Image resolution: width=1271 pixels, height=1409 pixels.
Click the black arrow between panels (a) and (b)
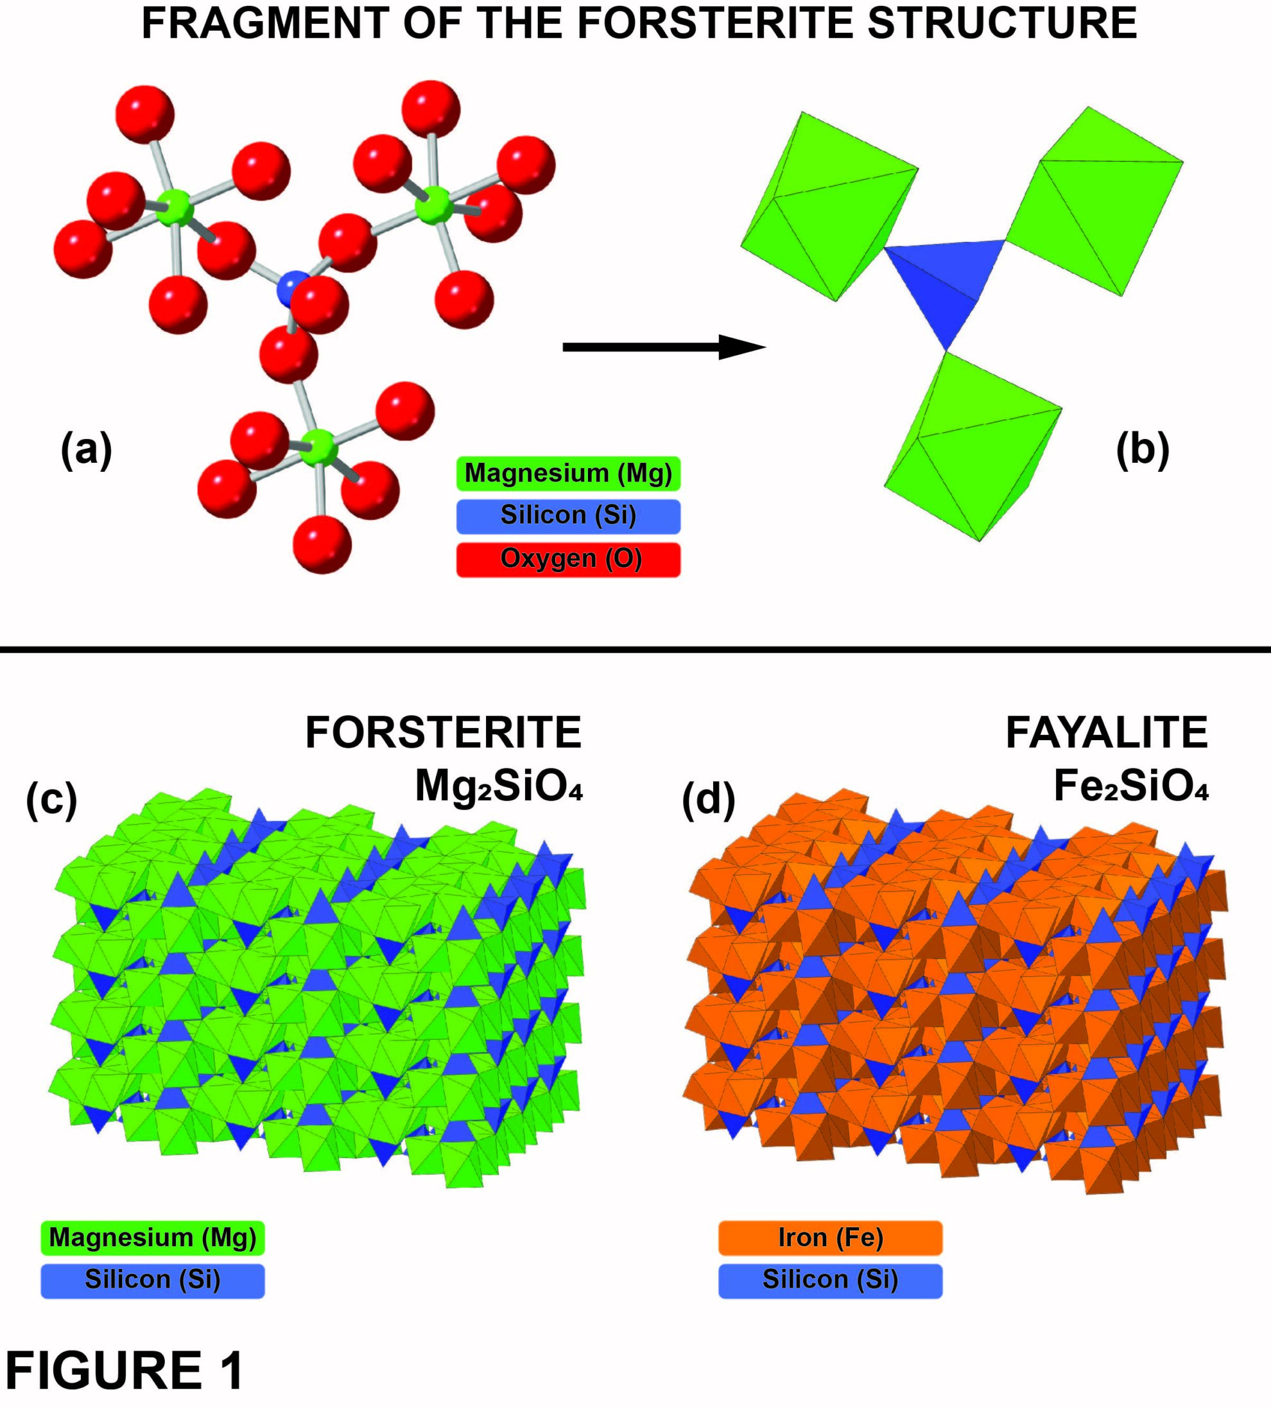point(664,347)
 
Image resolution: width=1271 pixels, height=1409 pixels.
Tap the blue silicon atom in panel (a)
point(289,288)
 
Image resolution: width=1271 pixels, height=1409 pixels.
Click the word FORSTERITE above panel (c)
point(444,733)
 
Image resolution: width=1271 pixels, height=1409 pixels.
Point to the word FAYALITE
point(1106,733)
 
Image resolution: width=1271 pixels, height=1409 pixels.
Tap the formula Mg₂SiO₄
point(499,786)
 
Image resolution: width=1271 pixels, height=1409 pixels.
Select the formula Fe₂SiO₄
point(1130,786)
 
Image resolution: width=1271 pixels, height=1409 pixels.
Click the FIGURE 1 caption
point(125,1370)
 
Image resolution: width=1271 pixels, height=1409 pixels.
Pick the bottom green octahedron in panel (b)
point(973,447)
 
